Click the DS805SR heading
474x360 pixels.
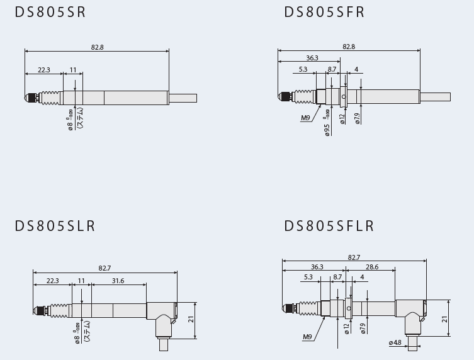tap(50, 12)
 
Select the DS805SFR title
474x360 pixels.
tap(324, 12)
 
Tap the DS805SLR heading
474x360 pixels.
tap(55, 226)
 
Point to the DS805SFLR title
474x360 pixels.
tap(329, 226)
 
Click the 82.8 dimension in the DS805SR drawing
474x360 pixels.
tap(97, 47)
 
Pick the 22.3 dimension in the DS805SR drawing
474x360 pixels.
tap(43, 70)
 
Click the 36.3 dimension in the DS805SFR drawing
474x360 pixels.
tap(312, 58)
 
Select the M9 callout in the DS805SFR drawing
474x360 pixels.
tap(305, 118)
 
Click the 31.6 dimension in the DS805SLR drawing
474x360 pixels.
tap(118, 281)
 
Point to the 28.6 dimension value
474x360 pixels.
tap(372, 267)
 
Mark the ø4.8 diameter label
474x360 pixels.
tap(395, 343)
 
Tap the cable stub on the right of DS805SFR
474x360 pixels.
tap(435, 97)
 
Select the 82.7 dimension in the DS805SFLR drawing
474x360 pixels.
tap(354, 257)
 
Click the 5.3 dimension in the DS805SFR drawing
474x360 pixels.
tap(303, 69)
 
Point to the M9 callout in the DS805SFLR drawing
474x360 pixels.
tap(307, 337)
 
